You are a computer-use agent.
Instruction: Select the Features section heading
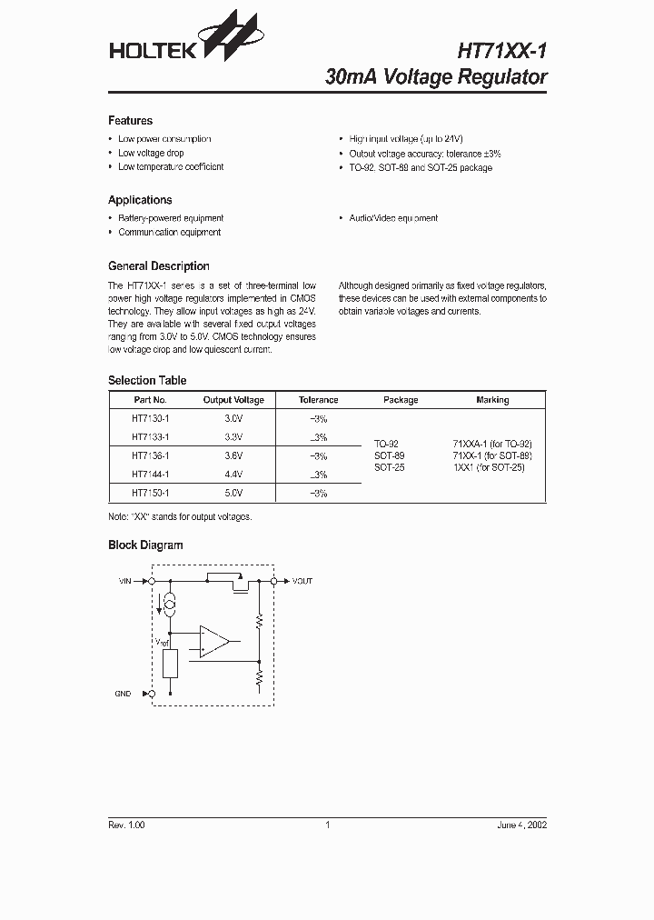[x=130, y=121]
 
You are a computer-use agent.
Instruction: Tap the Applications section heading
[x=140, y=200]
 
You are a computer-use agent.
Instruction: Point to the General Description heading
[x=158, y=266]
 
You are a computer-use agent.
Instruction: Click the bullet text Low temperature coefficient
[x=171, y=167]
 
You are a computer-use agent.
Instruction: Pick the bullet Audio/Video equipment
[x=393, y=218]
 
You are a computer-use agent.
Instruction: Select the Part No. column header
[x=150, y=400]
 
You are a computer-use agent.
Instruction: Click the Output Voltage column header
[x=233, y=400]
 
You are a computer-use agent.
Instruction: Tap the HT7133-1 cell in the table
[x=150, y=437]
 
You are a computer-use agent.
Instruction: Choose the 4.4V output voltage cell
[x=233, y=475]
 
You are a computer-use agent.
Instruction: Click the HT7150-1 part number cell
[x=150, y=493]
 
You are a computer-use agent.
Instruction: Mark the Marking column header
[x=492, y=400]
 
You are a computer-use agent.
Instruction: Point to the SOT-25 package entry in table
[x=389, y=467]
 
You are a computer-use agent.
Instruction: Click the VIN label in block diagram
[x=125, y=580]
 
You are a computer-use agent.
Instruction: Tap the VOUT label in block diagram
[x=302, y=580]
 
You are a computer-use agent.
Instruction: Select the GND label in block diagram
[x=123, y=694]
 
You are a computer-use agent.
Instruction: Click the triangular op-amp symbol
[x=214, y=641]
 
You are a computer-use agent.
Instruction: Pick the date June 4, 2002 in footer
[x=521, y=825]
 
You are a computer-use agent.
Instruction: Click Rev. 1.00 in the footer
[x=126, y=825]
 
